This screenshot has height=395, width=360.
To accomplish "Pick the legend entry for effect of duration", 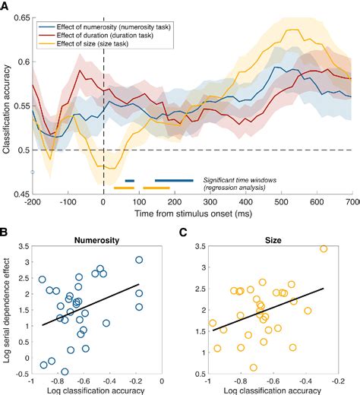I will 91,34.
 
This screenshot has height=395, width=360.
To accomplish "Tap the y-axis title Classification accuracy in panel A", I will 7,106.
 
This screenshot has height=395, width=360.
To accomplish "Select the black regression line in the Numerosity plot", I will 91,304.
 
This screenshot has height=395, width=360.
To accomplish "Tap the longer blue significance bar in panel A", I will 174,180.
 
